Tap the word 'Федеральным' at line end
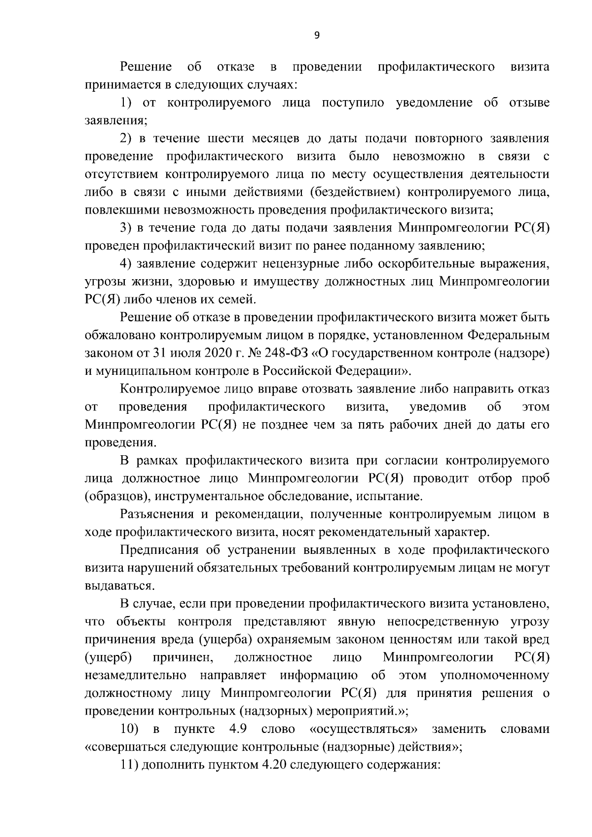(508, 335)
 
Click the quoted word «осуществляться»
(364, 729)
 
